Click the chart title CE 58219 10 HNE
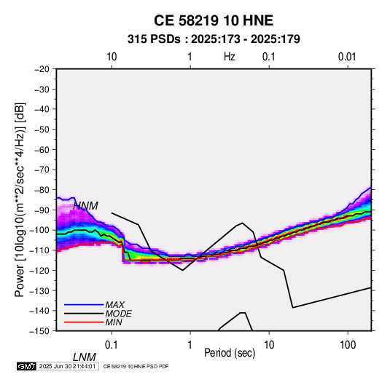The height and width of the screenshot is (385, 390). (x=214, y=20)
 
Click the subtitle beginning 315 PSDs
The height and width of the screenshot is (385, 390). (x=214, y=39)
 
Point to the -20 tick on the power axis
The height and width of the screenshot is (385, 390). (x=42, y=69)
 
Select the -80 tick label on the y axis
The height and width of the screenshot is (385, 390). (x=42, y=190)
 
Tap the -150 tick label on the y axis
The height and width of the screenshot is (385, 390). (x=39, y=330)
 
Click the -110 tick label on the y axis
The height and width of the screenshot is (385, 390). (x=39, y=250)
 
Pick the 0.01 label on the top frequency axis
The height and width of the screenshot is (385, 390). (x=347, y=57)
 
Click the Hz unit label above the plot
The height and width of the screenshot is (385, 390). (x=230, y=57)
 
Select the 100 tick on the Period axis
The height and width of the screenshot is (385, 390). (x=348, y=344)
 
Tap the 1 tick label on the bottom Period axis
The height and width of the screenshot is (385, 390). (x=190, y=344)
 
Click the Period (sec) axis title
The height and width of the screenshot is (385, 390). (x=230, y=353)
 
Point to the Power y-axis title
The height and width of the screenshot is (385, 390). (x=20, y=199)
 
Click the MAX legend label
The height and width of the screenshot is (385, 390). (x=115, y=304)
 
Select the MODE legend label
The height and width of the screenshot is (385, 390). (x=118, y=314)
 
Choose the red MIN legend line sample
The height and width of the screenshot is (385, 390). (x=84, y=322)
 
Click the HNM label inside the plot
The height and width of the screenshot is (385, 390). (x=86, y=206)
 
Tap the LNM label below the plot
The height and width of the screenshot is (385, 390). (x=85, y=357)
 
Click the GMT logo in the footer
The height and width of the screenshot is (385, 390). (x=26, y=366)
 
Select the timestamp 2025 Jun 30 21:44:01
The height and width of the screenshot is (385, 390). (x=67, y=366)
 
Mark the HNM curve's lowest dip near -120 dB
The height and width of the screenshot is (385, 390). (x=182, y=270)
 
